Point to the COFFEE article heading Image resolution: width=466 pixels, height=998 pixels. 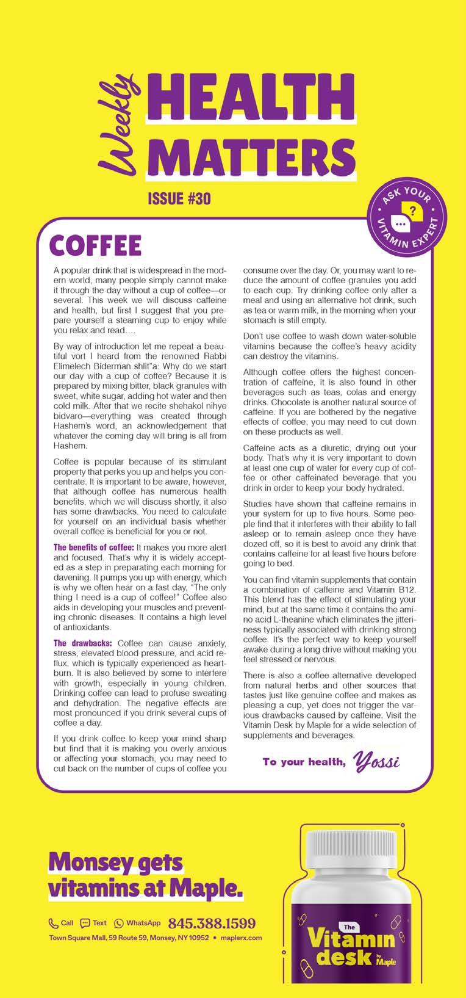[x=95, y=245]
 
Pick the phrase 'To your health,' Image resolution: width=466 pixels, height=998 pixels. [x=304, y=762]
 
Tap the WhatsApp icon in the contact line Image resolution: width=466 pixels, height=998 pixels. [x=118, y=923]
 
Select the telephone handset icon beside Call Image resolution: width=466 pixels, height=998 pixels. [x=53, y=923]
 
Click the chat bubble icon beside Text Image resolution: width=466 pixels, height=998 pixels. [x=85, y=923]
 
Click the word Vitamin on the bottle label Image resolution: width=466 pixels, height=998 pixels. [x=351, y=942]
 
